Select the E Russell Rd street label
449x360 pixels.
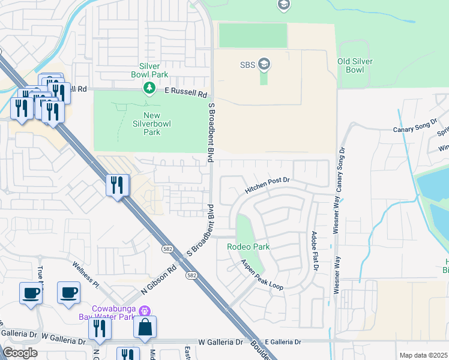pyautogui.click(x=186, y=94)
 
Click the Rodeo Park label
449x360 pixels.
pyautogui.click(x=248, y=247)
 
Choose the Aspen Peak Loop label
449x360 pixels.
pyautogui.click(x=262, y=275)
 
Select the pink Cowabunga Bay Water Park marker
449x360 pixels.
pyautogui.click(x=143, y=311)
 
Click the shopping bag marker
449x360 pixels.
pyautogui.click(x=145, y=327)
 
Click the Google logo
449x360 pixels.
pyautogui.click(x=20, y=353)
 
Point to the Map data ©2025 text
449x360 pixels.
pyautogui.click(x=423, y=355)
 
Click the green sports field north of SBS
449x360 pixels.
pyautogui.click(x=253, y=35)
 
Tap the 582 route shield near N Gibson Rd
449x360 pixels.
pyautogui.click(x=167, y=247)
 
